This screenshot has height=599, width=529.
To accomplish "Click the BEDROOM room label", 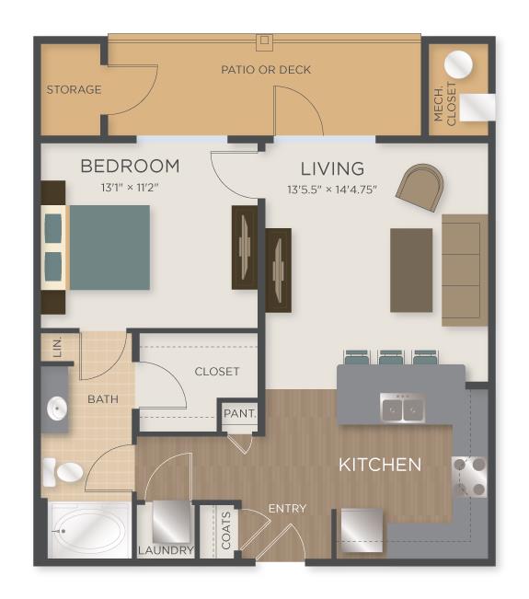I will click(129, 167).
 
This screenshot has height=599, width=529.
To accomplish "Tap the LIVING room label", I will click(332, 168).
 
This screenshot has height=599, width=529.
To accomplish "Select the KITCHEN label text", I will click(380, 465).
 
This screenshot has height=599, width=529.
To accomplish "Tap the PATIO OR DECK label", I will click(266, 69).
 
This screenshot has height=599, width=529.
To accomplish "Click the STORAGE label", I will click(74, 90).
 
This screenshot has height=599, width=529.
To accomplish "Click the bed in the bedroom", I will click(101, 247).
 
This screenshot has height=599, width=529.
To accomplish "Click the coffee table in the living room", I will click(411, 270).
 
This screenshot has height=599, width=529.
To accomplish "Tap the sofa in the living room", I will click(465, 270).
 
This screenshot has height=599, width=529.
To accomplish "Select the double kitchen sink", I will click(402, 406).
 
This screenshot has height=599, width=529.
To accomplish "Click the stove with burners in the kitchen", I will click(468, 476).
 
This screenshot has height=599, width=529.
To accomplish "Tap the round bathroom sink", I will click(56, 408).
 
